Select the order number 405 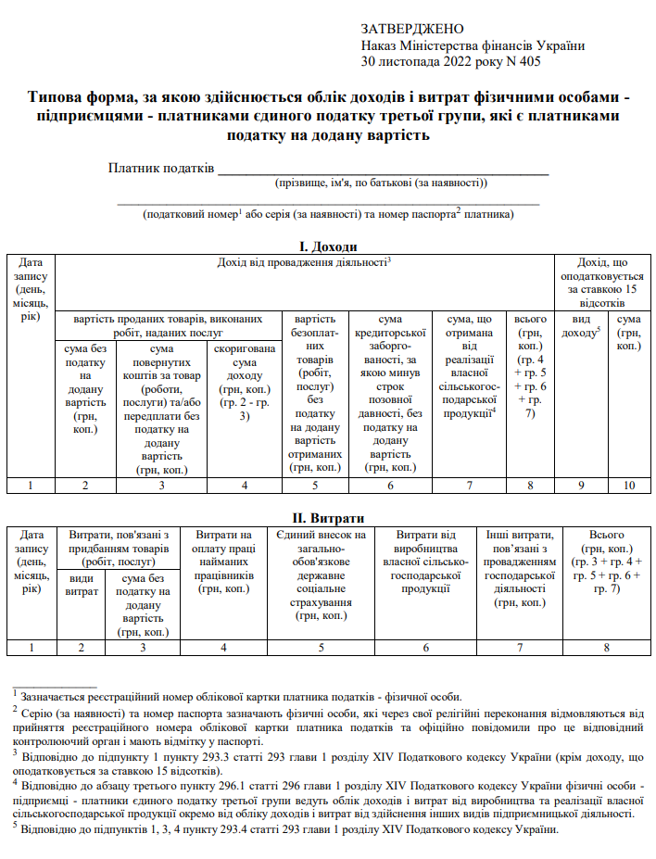[528, 62]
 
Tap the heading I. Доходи [328, 246]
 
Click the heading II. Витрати [328, 517]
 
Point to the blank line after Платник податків [383, 169]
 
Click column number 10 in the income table [629, 485]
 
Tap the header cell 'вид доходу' [582, 325]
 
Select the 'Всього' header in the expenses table [606, 562]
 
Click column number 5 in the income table [315, 485]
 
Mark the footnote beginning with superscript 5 [288, 828]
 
